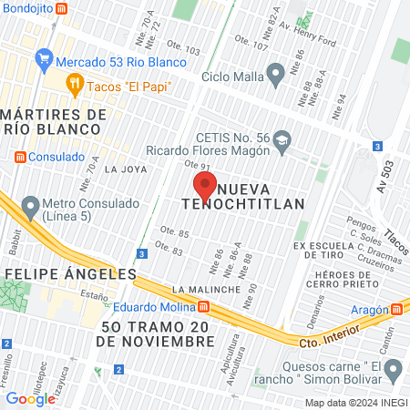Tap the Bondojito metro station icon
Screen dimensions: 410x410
coord(61,8)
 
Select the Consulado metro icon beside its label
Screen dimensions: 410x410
coord(20,156)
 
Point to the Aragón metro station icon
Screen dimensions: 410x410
coord(396,308)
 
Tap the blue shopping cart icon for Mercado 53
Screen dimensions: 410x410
coord(44,62)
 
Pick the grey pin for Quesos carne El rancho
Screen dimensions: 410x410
coord(395,369)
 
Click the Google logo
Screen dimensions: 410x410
coord(30,398)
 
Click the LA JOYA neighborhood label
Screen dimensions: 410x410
coord(126,169)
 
